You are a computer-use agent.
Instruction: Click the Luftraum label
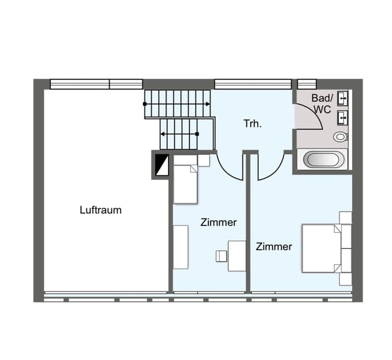coord(101,210)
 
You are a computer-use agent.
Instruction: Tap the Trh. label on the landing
coord(253,123)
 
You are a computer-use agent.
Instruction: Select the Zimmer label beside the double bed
coord(274,247)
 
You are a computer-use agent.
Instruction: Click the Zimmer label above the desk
coord(218,223)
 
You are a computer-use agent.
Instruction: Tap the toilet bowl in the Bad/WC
coord(340,137)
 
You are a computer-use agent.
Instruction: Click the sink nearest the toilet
coord(342,118)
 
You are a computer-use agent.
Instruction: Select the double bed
coord(325,248)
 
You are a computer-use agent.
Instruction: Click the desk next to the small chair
coord(236,255)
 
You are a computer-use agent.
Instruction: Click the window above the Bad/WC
coord(306,84)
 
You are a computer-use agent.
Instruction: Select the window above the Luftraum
coord(96,84)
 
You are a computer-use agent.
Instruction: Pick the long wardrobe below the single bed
coord(180,247)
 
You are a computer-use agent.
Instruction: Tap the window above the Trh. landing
coord(252,84)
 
